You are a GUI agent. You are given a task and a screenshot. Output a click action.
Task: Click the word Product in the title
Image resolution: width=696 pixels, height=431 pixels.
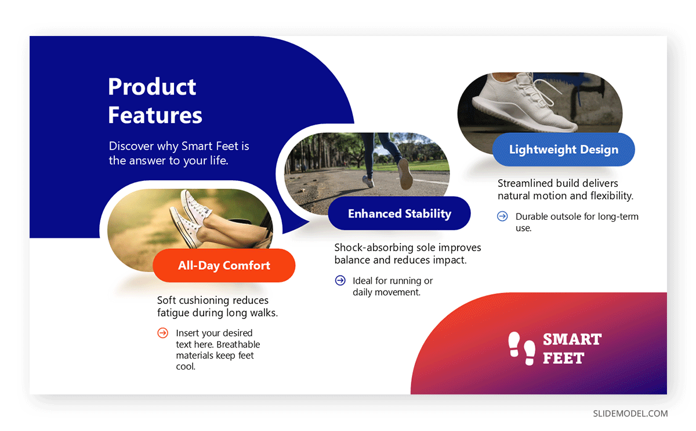(x=152, y=88)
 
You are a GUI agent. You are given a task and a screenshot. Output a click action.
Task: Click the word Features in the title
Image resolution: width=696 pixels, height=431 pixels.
(x=155, y=115)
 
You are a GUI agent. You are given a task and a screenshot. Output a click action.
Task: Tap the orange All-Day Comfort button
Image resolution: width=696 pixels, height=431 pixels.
(x=224, y=266)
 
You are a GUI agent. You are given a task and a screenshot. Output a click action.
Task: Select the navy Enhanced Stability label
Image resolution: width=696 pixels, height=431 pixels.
(x=399, y=213)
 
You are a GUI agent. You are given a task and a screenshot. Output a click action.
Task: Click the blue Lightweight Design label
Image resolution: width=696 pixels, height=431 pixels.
(x=563, y=150)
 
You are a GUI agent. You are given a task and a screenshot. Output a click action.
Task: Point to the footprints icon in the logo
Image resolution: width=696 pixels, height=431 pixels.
(x=521, y=348)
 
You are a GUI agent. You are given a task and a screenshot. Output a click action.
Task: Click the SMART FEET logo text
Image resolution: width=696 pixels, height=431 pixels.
(x=572, y=348)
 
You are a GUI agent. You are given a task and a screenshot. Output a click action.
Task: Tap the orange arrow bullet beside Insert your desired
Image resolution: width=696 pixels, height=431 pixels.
(x=162, y=333)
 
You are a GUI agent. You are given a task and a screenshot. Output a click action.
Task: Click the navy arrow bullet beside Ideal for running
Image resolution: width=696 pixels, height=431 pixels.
(x=340, y=281)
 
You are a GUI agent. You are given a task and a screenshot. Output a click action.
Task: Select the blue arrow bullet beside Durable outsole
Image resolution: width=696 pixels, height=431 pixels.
(x=502, y=216)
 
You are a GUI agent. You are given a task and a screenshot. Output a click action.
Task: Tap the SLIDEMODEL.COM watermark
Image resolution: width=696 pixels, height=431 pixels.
(x=630, y=414)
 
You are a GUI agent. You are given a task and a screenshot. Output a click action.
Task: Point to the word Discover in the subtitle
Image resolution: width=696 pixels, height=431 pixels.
(x=131, y=146)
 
